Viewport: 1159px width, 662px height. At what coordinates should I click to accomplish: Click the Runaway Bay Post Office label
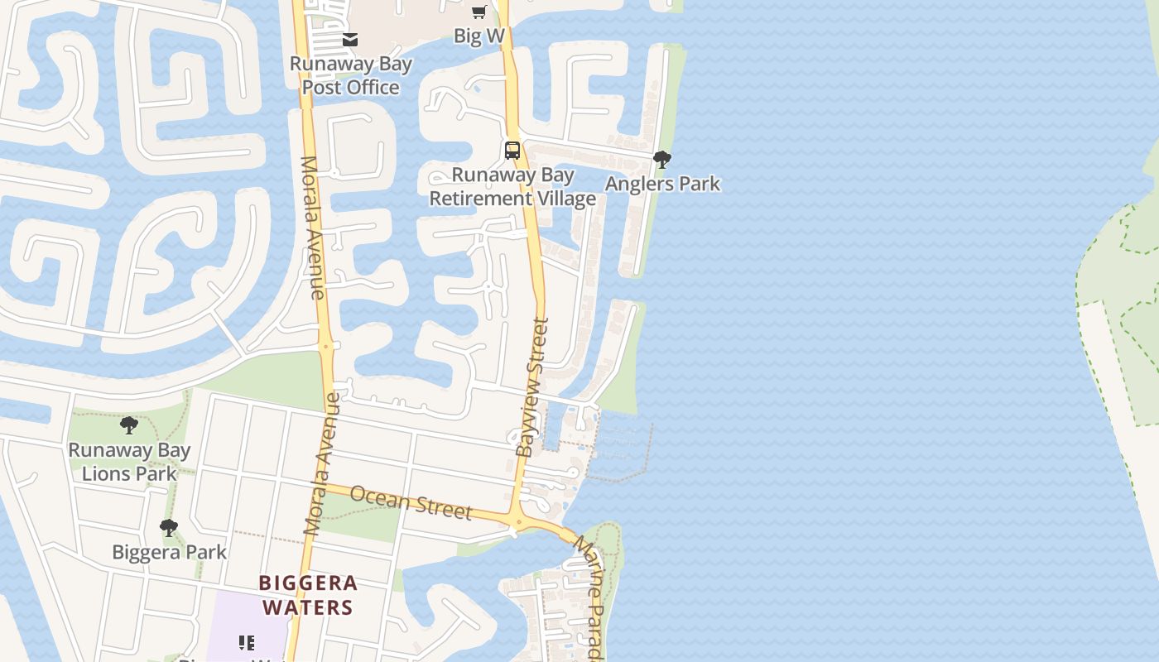click(350, 75)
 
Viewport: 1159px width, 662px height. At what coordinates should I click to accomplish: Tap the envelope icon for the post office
click(350, 39)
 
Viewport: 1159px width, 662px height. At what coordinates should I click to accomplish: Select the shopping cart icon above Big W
click(479, 12)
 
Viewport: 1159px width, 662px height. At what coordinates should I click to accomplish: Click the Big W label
click(479, 36)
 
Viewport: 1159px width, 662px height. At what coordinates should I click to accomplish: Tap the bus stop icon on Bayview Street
click(512, 151)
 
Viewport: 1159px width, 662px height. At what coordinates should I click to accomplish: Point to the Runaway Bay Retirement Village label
click(512, 187)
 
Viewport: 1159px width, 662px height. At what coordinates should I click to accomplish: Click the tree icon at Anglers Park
click(661, 160)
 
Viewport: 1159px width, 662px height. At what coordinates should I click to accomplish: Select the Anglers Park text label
click(662, 184)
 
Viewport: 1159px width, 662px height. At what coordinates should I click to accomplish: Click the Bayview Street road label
click(532, 387)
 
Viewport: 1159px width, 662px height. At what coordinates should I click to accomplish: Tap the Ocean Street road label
click(411, 502)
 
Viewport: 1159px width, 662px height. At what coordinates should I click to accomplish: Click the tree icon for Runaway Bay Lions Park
click(129, 425)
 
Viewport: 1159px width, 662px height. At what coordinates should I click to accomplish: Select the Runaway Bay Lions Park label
click(129, 462)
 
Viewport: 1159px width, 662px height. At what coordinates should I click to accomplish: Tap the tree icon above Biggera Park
click(169, 527)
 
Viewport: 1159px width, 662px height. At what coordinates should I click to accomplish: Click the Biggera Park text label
click(169, 552)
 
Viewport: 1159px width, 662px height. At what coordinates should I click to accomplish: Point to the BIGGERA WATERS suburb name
click(309, 595)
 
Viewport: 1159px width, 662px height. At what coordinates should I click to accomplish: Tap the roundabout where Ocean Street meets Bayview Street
click(518, 521)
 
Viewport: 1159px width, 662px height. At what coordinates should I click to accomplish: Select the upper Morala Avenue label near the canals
click(312, 227)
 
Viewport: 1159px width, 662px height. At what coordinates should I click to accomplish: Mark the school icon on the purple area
click(246, 643)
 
